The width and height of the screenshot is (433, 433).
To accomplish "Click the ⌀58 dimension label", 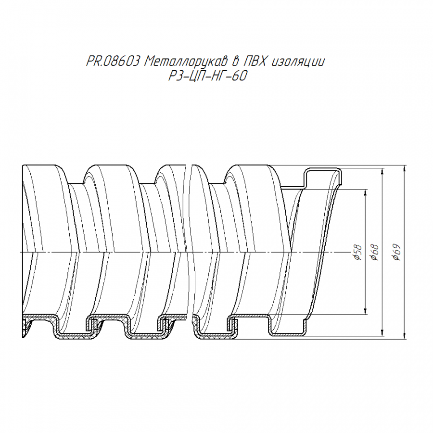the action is [357, 252].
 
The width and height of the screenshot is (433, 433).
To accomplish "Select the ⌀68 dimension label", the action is [375, 252].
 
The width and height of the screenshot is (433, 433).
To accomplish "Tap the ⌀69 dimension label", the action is [396, 253].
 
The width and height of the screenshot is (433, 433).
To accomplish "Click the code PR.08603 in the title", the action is [113, 61].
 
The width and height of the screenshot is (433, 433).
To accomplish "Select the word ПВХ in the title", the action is [253, 61].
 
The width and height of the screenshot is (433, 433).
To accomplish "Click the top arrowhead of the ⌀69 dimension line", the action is [405, 168].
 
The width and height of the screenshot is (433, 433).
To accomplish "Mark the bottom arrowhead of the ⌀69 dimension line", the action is [405, 336].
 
